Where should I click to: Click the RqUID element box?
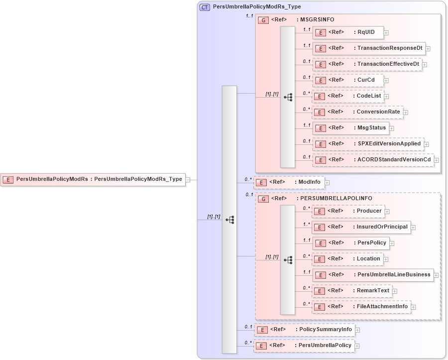(x=348, y=32)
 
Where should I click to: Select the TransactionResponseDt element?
(x=369, y=48)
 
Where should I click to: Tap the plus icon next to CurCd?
(x=386, y=80)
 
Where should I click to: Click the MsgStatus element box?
(x=350, y=128)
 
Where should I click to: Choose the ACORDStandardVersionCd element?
(x=373, y=160)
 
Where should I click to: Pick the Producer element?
(x=348, y=211)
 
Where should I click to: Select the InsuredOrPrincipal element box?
(x=361, y=227)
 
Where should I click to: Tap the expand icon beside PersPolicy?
(x=392, y=243)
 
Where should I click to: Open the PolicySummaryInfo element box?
(x=304, y=330)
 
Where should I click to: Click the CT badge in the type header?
(x=205, y=7)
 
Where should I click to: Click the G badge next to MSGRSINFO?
(x=263, y=20)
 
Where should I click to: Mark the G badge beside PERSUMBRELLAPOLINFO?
(x=263, y=199)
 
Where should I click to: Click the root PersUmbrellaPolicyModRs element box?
(x=93, y=179)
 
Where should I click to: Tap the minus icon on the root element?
(x=188, y=179)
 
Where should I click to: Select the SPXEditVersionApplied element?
(x=368, y=144)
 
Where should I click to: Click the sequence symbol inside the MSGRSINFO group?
(x=288, y=97)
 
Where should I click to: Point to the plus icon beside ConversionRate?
(x=405, y=112)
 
